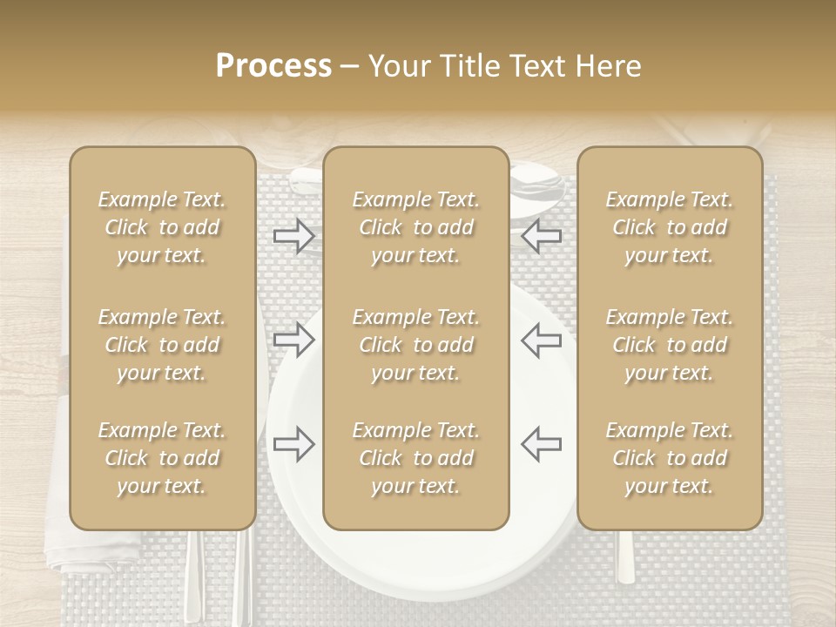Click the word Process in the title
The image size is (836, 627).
(x=273, y=66)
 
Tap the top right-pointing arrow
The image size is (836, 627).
(x=293, y=235)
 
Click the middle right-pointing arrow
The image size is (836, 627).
(x=293, y=339)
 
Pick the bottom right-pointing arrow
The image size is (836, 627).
(x=293, y=444)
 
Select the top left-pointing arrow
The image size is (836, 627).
(x=541, y=235)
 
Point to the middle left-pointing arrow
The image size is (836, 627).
(x=541, y=339)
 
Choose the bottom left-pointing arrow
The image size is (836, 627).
(x=541, y=444)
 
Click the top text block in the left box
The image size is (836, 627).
(x=162, y=227)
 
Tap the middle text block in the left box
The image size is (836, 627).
(x=162, y=345)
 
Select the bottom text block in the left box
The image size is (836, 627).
(x=162, y=458)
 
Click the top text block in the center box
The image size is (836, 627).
(x=415, y=227)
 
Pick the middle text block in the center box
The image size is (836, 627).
(x=415, y=345)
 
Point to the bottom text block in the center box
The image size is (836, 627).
(x=415, y=458)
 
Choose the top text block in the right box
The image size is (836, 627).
(x=670, y=227)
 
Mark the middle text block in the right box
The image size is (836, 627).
(x=670, y=345)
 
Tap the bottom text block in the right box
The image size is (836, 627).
(x=670, y=458)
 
